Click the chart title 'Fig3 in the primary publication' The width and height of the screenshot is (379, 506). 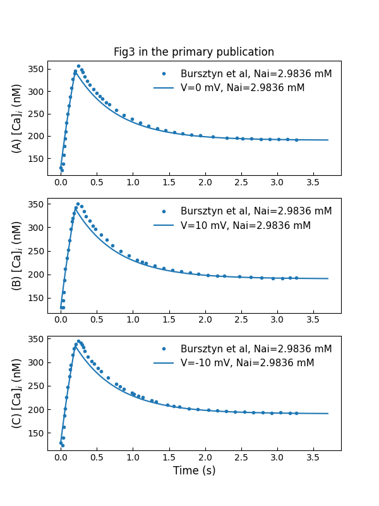tap(194, 52)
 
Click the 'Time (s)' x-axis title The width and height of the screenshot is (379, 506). tap(194, 471)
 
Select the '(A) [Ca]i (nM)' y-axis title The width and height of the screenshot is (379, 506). tap(17, 118)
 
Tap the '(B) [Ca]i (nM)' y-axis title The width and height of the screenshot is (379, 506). tap(17, 256)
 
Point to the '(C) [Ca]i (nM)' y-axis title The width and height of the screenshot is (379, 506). tap(17, 393)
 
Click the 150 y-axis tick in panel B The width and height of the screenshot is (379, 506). tap(36, 298)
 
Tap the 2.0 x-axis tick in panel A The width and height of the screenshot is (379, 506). tap(205, 183)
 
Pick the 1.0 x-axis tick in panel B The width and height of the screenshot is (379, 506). tap(133, 320)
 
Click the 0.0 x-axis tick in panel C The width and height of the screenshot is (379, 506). tap(61, 458)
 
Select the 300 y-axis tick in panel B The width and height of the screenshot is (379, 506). tap(36, 228)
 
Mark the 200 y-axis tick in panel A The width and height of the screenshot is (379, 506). tap(36, 136)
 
